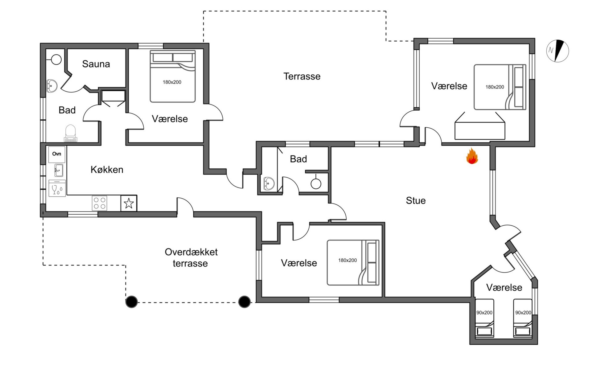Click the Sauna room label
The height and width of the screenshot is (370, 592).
tap(96, 64)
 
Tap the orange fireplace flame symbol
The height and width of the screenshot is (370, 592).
tap(472, 156)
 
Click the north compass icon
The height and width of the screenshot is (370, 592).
tap(557, 51)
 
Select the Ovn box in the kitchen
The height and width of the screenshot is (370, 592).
tap(57, 154)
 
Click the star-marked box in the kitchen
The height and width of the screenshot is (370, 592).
tap(129, 203)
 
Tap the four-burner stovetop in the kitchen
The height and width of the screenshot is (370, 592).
tap(100, 203)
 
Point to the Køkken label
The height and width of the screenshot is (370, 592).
tap(107, 170)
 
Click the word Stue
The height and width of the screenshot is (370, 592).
tap(416, 201)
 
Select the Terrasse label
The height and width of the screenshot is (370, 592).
tap(302, 76)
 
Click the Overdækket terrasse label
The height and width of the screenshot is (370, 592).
tap(191, 257)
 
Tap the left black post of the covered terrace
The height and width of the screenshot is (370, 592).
tap(132, 302)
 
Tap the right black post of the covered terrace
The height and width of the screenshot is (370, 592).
tap(245, 302)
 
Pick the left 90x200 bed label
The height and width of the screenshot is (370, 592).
tap(484, 312)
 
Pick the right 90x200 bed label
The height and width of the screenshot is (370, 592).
tap(523, 312)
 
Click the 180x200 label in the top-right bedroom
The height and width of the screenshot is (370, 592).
tap(495, 87)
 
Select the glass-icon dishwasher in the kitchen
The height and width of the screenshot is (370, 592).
tap(57, 189)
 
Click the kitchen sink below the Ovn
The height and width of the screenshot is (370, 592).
tap(59, 170)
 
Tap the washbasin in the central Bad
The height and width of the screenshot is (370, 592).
tap(269, 184)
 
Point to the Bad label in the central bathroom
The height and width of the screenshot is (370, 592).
tap(298, 159)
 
